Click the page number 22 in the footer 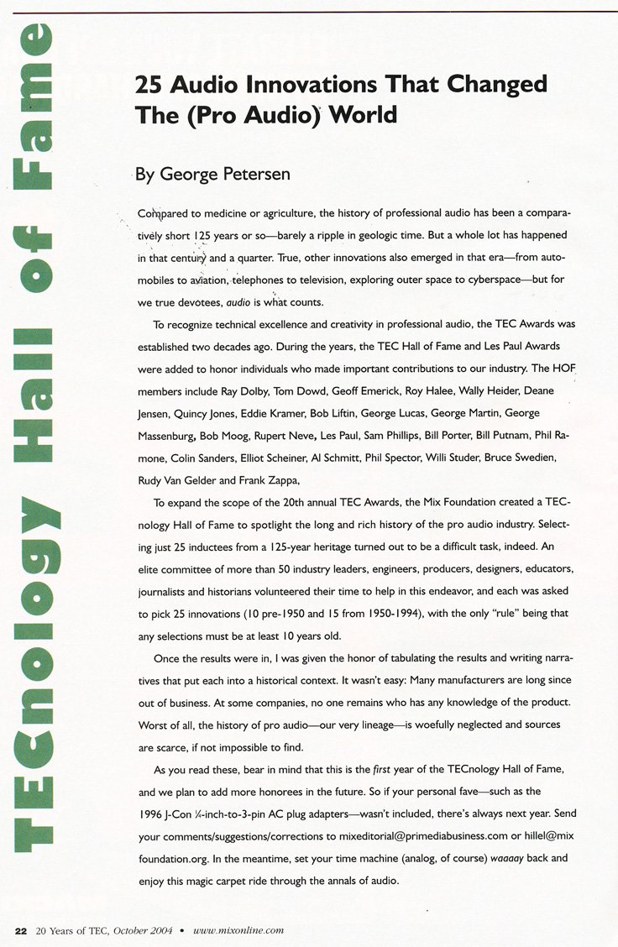pyautogui.click(x=21, y=930)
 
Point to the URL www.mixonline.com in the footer pyautogui.click(x=238, y=930)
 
